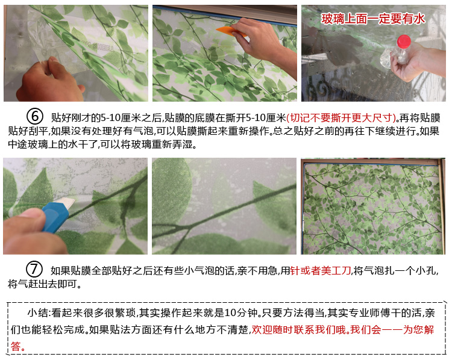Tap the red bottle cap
[403, 41]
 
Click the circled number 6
[34, 116]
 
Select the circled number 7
[34, 269]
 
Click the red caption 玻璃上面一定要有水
[373, 19]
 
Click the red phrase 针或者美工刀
[321, 270]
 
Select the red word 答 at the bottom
[16, 346]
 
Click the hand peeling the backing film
[49, 82]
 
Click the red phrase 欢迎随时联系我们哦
[299, 329]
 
